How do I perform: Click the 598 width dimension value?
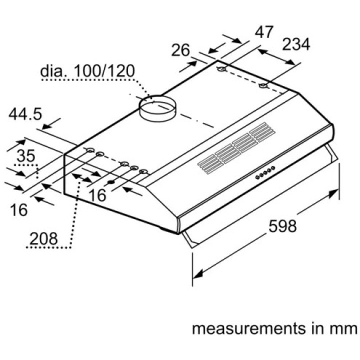coord(282,226)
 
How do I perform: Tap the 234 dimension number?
coord(296,44)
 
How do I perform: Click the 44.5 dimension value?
coord(25,114)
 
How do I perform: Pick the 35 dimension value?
coord(26,155)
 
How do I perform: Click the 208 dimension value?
coord(43,238)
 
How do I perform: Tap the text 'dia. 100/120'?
coord(87,70)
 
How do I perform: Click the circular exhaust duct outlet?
coord(157,108)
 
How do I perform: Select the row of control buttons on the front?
coord(265,172)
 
